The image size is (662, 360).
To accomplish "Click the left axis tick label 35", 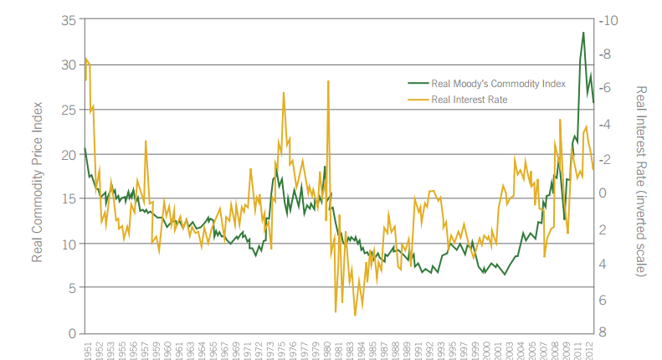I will pos(68,21).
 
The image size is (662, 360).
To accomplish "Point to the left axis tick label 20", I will pos(68,155).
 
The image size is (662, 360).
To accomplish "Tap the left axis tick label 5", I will pos(71,289).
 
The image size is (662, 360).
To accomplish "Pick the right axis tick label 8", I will pos(606,333).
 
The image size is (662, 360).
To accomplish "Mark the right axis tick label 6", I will pos(606,299).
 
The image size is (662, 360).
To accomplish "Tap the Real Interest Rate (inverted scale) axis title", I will pos(640,180).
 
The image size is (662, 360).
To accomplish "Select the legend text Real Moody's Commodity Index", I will pos(498,84).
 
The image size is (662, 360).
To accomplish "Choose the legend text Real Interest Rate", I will pos(470,100).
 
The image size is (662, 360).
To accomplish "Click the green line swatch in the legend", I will pos(418,84).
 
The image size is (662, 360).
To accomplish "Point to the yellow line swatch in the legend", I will pos(418,100).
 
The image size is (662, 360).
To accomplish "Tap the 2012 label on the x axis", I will pos(593,349).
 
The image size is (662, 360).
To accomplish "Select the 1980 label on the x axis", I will pos(328,349).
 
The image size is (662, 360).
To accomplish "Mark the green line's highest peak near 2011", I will pos(583,33).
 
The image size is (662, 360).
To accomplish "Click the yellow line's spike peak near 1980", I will pos(328,80).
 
